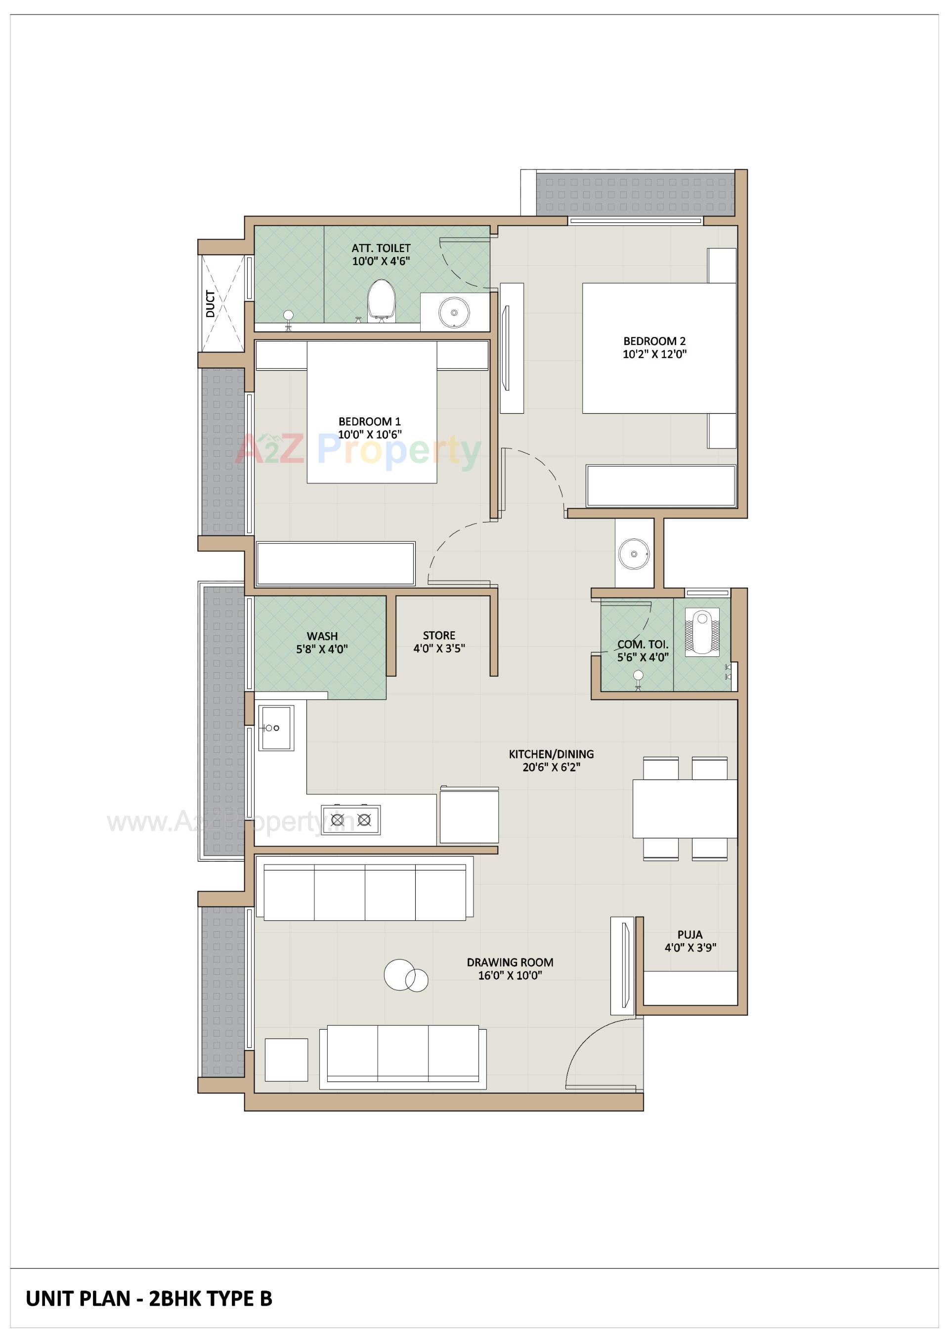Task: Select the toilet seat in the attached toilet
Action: [x=382, y=299]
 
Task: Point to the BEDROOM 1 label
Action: [x=369, y=421]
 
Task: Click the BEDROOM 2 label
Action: [x=654, y=341]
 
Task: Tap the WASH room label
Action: [x=322, y=636]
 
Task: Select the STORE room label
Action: [x=439, y=635]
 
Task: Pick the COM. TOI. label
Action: [x=643, y=644]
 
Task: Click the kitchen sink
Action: [x=276, y=728]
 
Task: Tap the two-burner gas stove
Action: [x=350, y=820]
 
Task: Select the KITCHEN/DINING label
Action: [x=551, y=754]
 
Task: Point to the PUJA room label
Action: [x=690, y=934]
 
